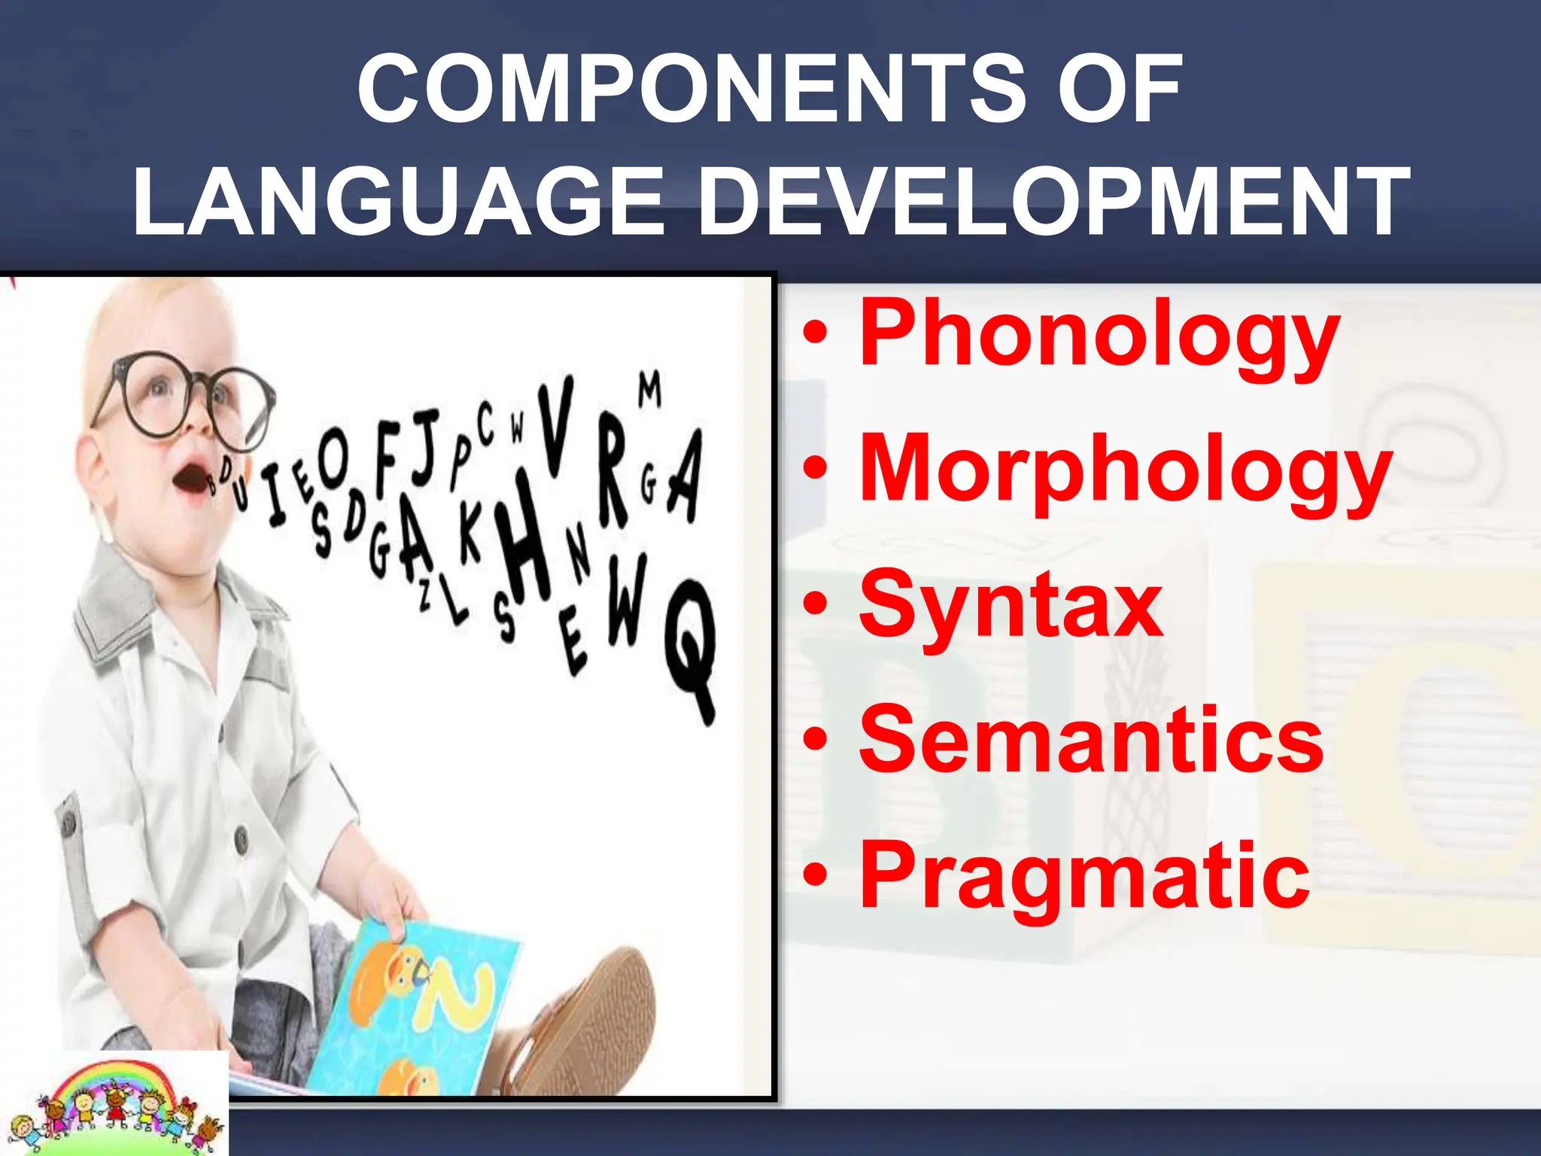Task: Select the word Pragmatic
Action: [1084, 877]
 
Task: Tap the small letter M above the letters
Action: [650, 390]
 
